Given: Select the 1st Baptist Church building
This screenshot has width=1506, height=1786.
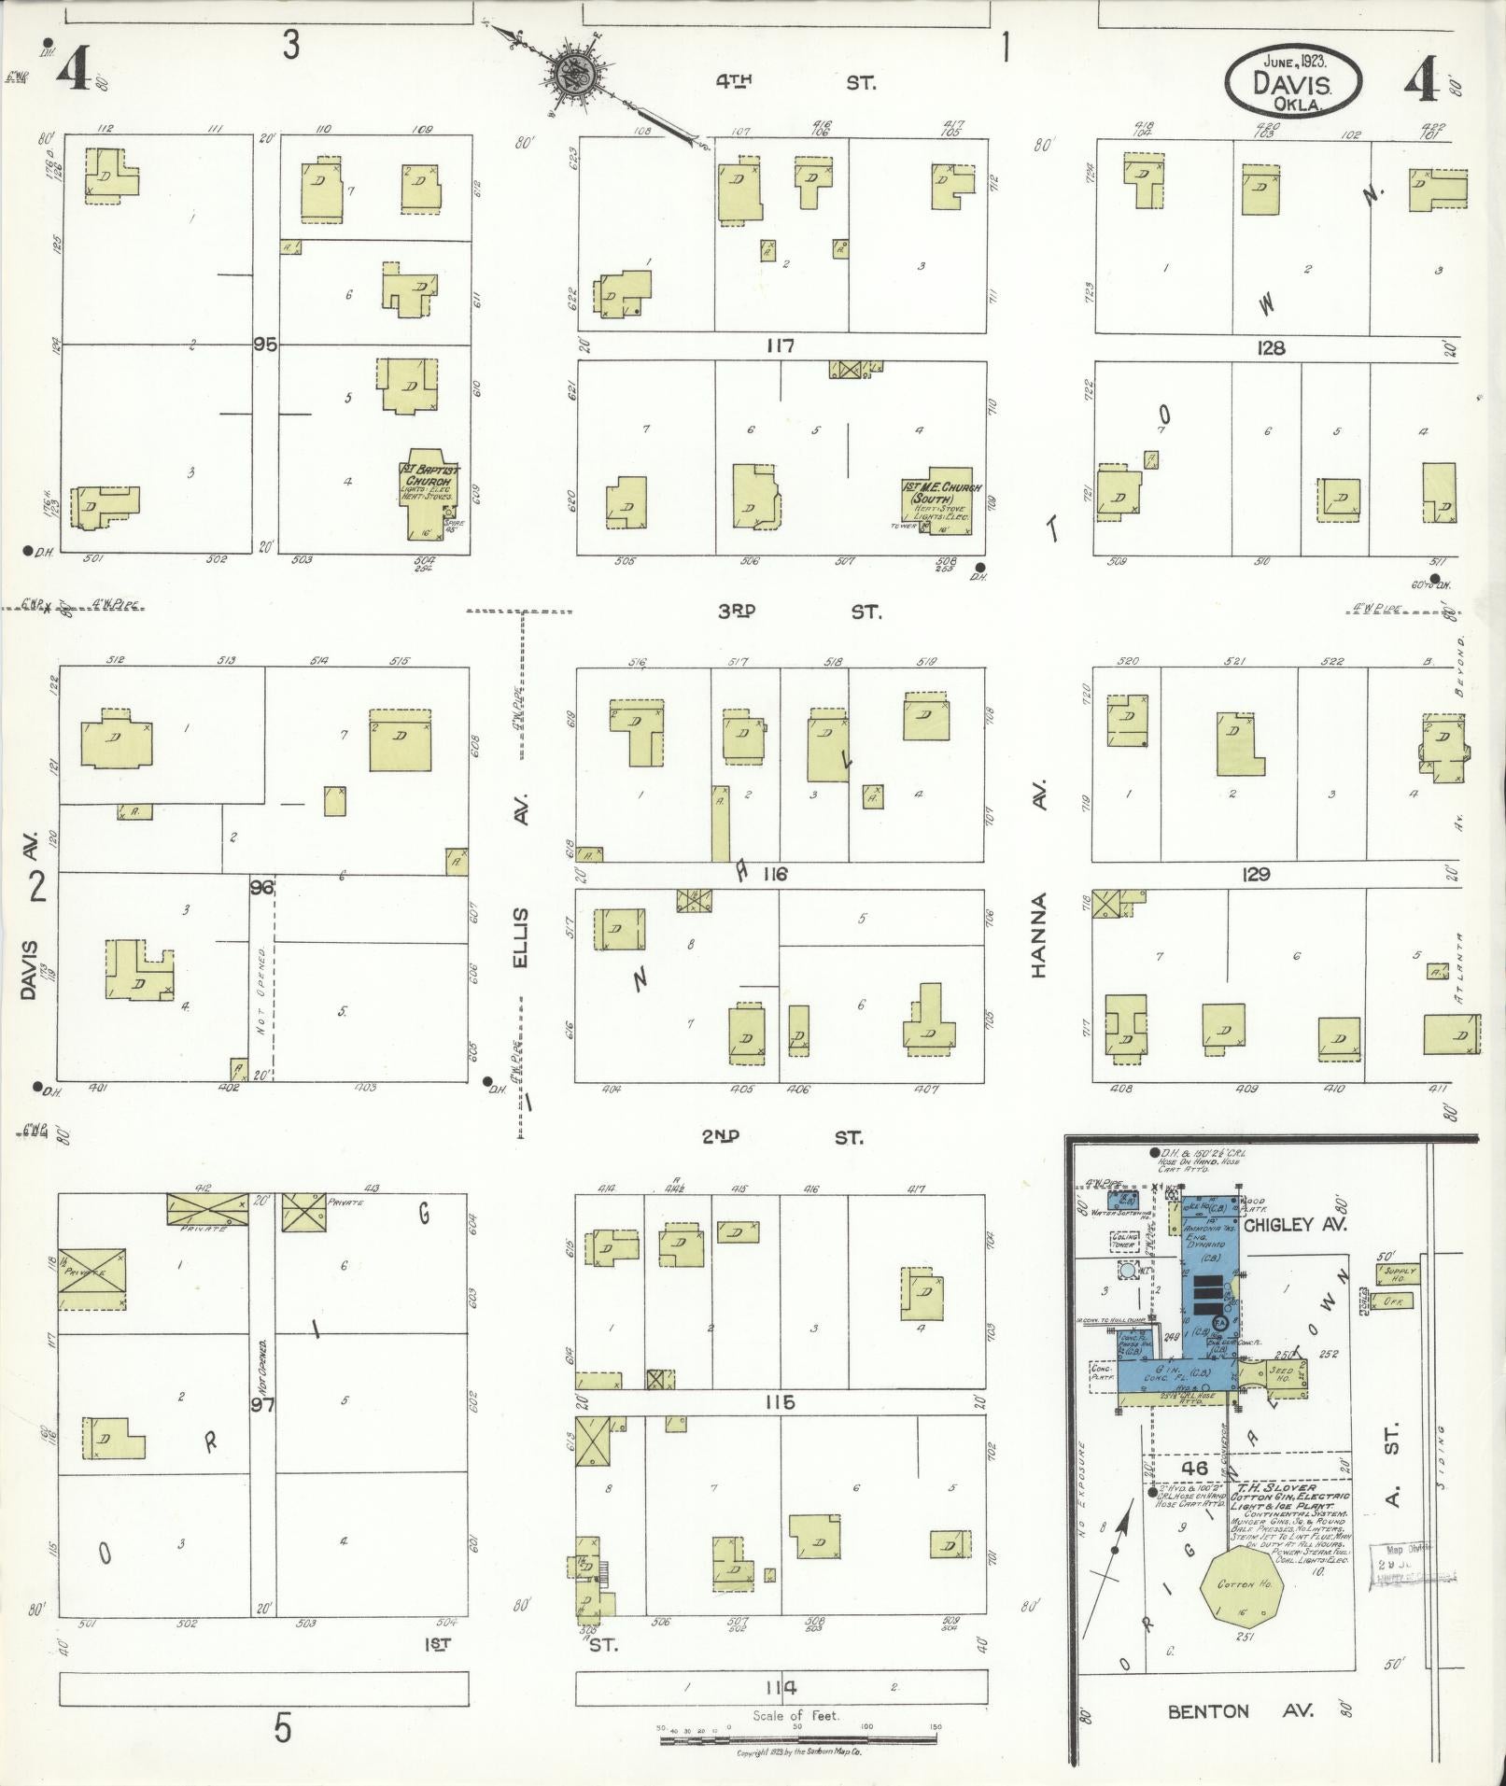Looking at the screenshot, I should pyautogui.click(x=430, y=496).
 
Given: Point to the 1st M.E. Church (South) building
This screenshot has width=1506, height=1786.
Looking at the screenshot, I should pyautogui.click(x=936, y=500).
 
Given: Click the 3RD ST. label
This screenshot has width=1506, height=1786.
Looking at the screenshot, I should pyautogui.click(x=798, y=612).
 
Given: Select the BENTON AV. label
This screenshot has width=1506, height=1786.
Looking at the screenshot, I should pyautogui.click(x=1240, y=1710).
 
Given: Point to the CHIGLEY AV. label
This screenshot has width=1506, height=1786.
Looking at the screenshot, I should pyautogui.click(x=1293, y=1224).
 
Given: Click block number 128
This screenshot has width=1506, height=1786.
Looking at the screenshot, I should pyautogui.click(x=1270, y=347).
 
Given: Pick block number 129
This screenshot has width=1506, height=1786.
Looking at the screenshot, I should pyautogui.click(x=1257, y=874).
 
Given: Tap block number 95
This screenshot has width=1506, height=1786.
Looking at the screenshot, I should pyautogui.click(x=265, y=345).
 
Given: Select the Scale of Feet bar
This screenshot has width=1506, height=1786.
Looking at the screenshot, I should pyautogui.click(x=798, y=1741).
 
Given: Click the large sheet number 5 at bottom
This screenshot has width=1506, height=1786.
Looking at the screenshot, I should pyautogui.click(x=282, y=1728).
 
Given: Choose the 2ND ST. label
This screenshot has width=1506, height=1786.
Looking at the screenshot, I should pyautogui.click(x=782, y=1137).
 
